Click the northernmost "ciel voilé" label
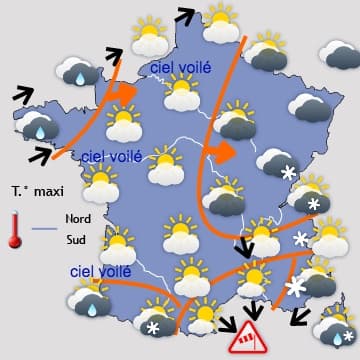(181, 67)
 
